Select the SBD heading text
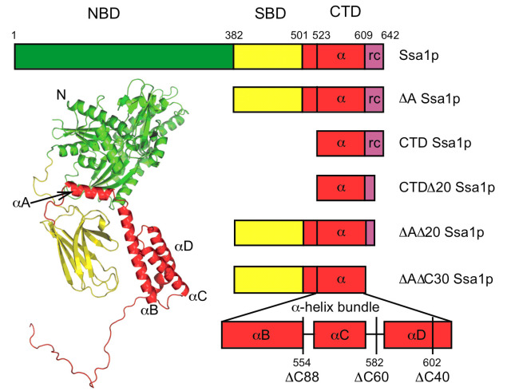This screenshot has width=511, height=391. click(267, 14)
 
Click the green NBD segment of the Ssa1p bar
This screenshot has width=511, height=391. click(124, 57)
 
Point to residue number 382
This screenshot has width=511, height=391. click(234, 37)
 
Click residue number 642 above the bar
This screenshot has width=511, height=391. click(390, 37)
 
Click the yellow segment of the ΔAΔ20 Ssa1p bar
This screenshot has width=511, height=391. click(268, 233)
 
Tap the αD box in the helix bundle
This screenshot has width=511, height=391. click(417, 334)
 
